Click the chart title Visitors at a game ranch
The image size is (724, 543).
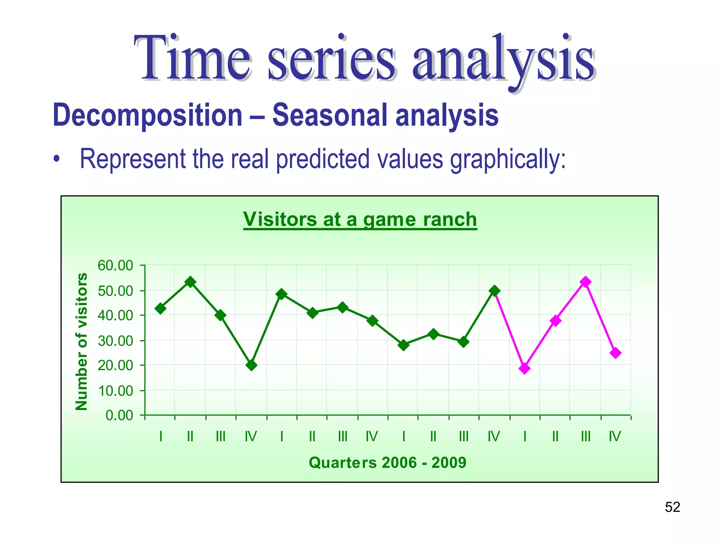(360, 220)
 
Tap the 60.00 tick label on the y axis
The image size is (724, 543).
(115, 265)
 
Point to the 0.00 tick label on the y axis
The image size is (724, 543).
(119, 415)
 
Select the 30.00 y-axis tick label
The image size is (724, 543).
(115, 341)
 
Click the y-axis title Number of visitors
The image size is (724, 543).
(82, 341)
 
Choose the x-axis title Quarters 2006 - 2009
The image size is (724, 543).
(387, 462)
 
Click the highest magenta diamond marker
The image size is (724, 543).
(585, 282)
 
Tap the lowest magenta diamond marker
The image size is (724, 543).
(525, 369)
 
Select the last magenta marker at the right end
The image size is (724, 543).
(615, 353)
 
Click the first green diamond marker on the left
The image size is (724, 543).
(160, 309)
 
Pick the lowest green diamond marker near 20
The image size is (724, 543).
(251, 365)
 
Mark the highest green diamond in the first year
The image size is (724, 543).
(191, 282)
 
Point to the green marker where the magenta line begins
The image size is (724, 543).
(495, 291)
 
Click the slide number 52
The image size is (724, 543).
(672, 507)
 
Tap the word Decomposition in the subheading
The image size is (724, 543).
(147, 115)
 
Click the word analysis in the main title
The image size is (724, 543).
(503, 58)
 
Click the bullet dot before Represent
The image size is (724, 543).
(57, 159)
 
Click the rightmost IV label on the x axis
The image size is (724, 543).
(615, 437)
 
